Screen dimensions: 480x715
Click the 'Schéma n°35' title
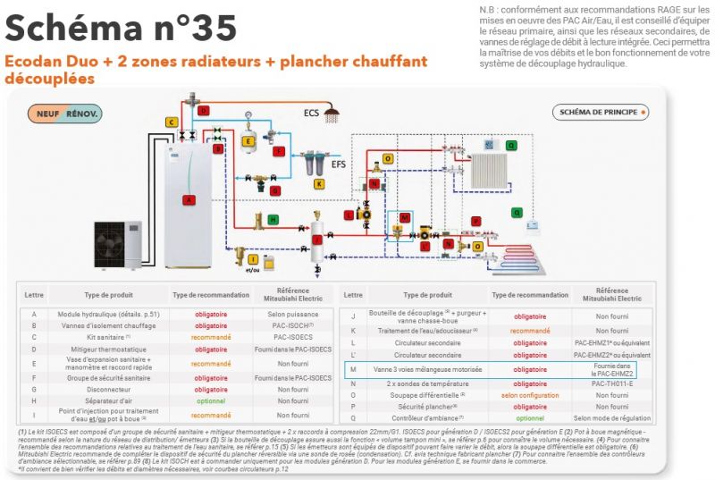(x=122, y=28)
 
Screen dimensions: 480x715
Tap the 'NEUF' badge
(x=46, y=114)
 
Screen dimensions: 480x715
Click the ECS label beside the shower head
(x=311, y=113)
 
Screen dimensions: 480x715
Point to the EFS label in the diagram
(x=338, y=164)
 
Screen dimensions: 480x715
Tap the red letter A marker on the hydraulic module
(x=188, y=200)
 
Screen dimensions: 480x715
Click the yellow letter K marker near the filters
(x=320, y=182)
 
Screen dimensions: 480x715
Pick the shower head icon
(x=332, y=114)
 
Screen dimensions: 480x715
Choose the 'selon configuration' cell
(x=530, y=394)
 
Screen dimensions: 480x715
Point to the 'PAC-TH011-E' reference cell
(x=611, y=383)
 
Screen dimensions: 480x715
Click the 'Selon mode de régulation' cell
(x=611, y=417)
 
